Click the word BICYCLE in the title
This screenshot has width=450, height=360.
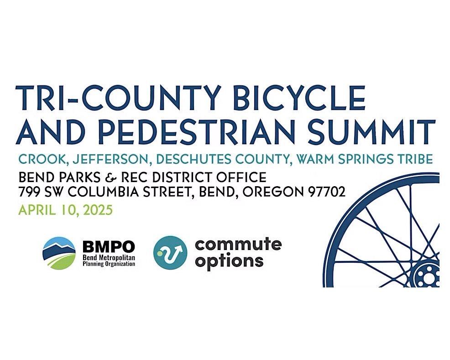point(299,97)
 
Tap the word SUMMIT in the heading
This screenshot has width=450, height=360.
point(372,132)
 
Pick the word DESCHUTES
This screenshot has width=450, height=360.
point(193,159)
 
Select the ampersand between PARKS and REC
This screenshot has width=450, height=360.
point(110,177)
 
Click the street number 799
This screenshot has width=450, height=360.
point(30,192)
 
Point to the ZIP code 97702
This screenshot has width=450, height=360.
point(327,192)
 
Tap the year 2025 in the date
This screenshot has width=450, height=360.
point(97,210)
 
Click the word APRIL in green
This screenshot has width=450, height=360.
point(37,210)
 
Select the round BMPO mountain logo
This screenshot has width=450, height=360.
point(59,253)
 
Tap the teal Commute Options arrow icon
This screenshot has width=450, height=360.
point(171,253)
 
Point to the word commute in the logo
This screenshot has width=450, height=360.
point(238,245)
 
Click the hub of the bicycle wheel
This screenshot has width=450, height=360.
point(427,277)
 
